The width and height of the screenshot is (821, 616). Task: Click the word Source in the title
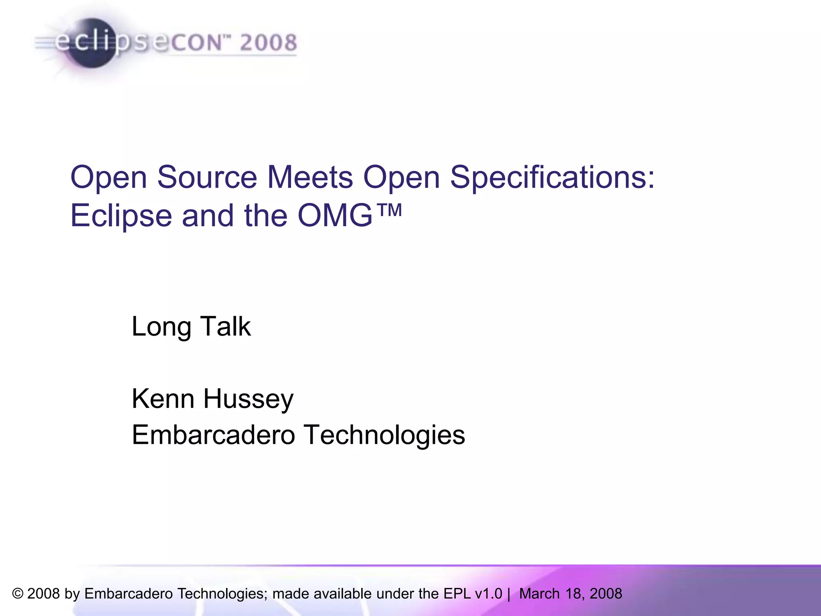[207, 177]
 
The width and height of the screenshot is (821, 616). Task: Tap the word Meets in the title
[310, 177]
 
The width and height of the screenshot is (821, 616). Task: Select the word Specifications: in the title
[552, 177]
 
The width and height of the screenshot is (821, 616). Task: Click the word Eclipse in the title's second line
[121, 216]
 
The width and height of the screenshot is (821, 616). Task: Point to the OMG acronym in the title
[335, 216]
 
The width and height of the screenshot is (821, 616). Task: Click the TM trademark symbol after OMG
[389, 210]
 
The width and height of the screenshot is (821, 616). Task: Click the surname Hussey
[249, 399]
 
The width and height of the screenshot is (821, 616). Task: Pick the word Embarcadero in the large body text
[213, 435]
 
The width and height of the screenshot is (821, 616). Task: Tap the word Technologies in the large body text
[384, 436]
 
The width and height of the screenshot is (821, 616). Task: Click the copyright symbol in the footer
[18, 594]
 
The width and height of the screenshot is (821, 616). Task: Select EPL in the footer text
[457, 594]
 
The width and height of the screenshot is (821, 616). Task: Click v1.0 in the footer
[489, 594]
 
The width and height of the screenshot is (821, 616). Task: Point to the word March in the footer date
[539, 594]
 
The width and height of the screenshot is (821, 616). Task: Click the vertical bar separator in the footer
[509, 594]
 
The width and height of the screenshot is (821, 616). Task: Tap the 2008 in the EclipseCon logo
[268, 43]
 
